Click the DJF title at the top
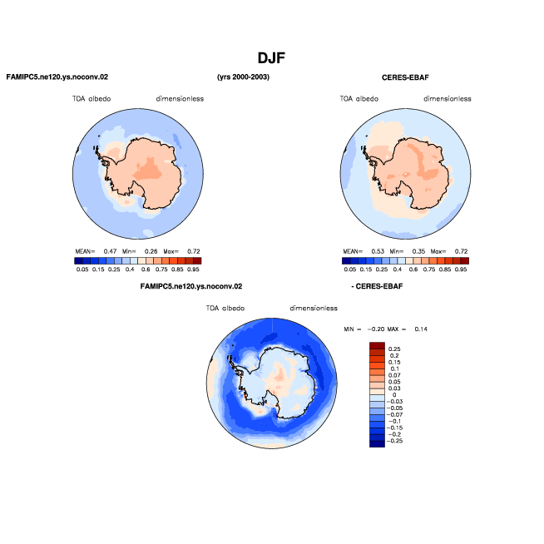point(271,58)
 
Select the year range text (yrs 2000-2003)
point(243,77)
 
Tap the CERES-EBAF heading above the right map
point(405,77)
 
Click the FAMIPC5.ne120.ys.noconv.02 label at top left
point(57,77)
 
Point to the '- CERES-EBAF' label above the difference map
point(377,286)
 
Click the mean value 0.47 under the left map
point(110,251)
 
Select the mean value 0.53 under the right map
point(378,251)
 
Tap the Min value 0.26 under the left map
point(151,251)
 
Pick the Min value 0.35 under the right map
point(418,251)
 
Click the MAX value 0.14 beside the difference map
point(421,329)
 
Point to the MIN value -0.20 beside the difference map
point(376,329)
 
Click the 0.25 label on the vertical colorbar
point(394,349)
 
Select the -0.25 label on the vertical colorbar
point(395,441)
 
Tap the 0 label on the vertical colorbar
point(394,395)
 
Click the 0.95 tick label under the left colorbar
point(193,270)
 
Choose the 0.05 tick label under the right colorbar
point(350,270)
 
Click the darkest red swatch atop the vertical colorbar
point(377,345)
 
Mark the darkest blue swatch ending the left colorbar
point(78,261)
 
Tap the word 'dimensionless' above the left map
point(180,99)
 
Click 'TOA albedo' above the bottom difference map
point(225,308)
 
